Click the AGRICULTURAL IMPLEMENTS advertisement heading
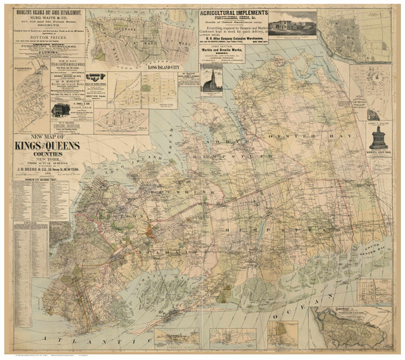(233, 12)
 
